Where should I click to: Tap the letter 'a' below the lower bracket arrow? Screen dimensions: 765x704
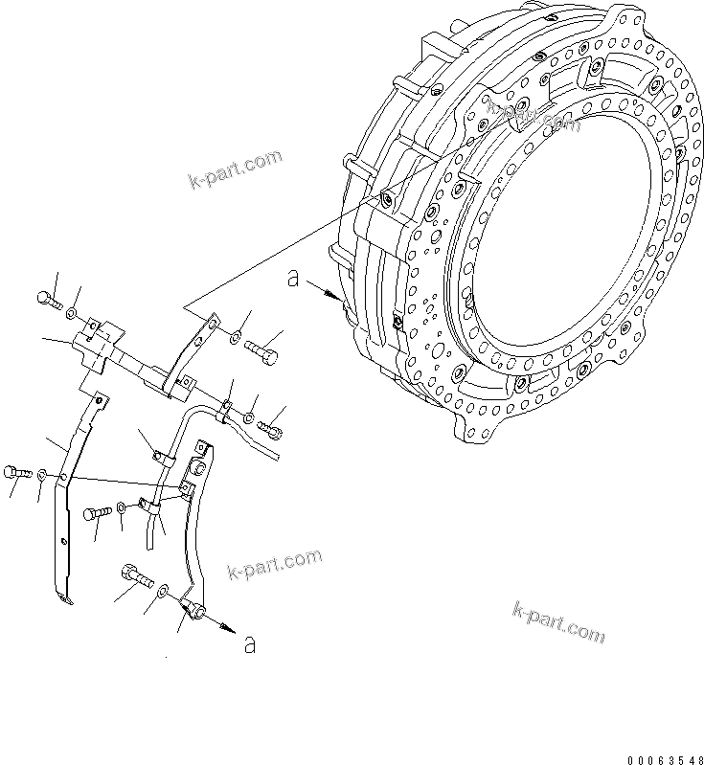coord(250,644)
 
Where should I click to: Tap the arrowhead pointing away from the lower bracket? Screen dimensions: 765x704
coord(227,628)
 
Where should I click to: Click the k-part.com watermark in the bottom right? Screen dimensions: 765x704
coord(558,621)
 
